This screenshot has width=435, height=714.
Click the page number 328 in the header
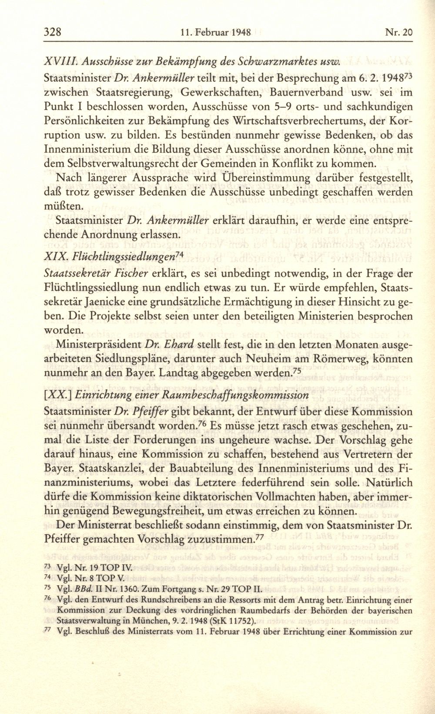point(54,32)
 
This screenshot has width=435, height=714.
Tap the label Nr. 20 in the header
point(398,33)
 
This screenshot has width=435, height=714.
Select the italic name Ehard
point(178,345)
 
